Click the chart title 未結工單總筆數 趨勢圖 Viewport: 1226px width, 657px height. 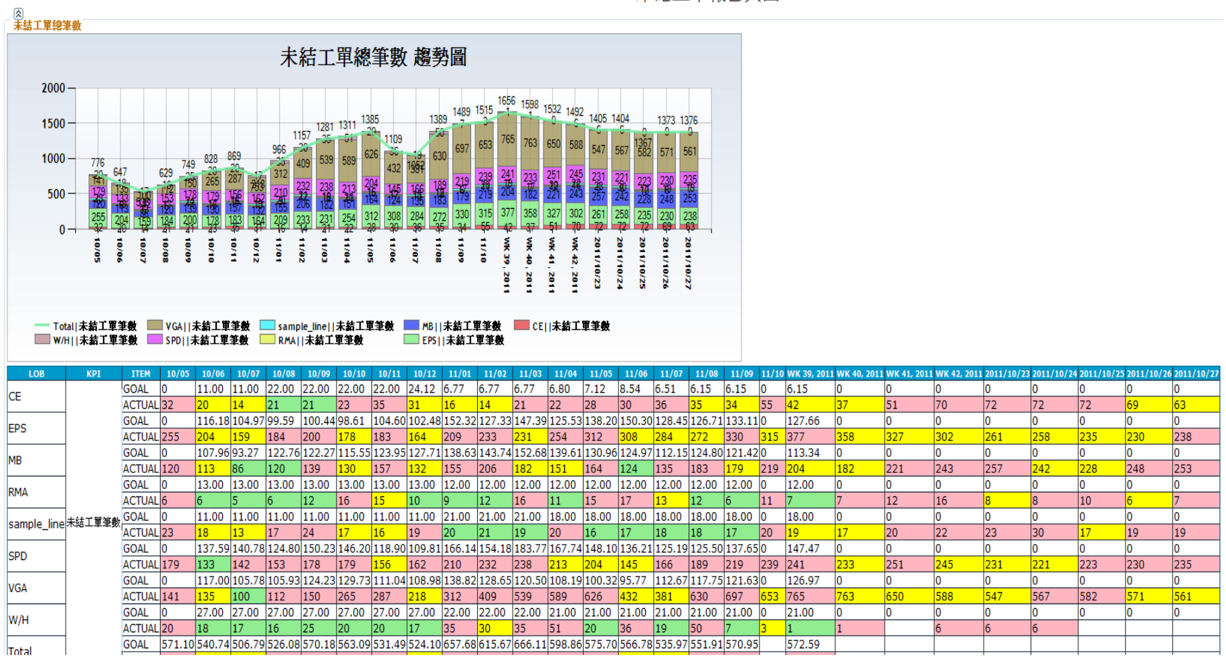pyautogui.click(x=373, y=58)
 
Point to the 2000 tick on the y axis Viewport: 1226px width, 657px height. pyautogui.click(x=54, y=88)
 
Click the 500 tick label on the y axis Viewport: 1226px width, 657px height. pyautogui.click(x=56, y=194)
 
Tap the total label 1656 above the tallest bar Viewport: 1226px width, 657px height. pyautogui.click(x=507, y=101)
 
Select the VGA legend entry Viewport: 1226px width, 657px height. pyautogui.click(x=199, y=326)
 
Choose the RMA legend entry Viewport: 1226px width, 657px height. pyautogui.click(x=311, y=340)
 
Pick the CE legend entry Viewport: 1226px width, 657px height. pyautogui.click(x=562, y=326)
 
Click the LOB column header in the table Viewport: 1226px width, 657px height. pyautogui.click(x=36, y=373)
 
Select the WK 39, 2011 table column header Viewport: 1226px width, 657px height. pyautogui.click(x=810, y=373)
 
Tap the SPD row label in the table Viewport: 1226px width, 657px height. pyautogui.click(x=18, y=556)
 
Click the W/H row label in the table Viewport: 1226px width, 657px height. pyautogui.click(x=19, y=620)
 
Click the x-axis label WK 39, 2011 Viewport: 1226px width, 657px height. pyautogui.click(x=507, y=264)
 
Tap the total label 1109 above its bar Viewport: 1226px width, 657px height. pyautogui.click(x=393, y=139)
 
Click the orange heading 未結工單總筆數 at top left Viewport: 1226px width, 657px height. pyautogui.click(x=48, y=25)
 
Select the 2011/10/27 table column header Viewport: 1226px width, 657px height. pyautogui.click(x=1196, y=373)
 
